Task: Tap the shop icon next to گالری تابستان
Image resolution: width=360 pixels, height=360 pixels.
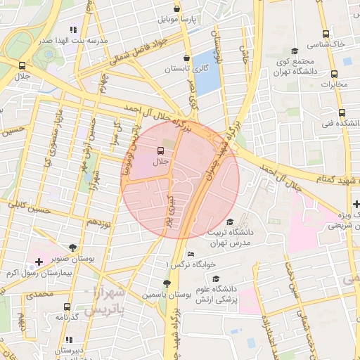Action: pyautogui.click(x=186, y=58)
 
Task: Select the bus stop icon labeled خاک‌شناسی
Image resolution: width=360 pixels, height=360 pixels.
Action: pyautogui.click(x=326, y=34)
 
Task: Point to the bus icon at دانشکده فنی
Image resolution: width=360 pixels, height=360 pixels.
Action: pyautogui.click(x=342, y=112)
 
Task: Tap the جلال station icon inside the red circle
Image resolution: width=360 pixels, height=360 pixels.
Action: pyautogui.click(x=160, y=150)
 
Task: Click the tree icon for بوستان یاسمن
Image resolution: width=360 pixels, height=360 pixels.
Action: pyautogui.click(x=167, y=283)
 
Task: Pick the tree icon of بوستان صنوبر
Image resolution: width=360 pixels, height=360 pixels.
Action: pyautogui.click(x=72, y=247)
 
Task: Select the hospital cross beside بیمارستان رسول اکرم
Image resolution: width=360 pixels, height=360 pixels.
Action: pyautogui.click(x=39, y=262)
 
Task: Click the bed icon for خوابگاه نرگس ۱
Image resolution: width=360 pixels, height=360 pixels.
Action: pyautogui.click(x=191, y=254)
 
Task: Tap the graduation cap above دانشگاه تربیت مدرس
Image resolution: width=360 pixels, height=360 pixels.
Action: pyautogui.click(x=229, y=222)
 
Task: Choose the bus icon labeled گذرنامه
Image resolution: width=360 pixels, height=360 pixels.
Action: pyautogui.click(x=67, y=307)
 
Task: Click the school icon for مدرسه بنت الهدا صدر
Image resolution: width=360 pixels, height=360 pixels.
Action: pyautogui.click(x=73, y=30)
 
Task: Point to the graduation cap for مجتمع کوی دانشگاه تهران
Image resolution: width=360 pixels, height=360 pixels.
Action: pyautogui.click(x=294, y=51)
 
